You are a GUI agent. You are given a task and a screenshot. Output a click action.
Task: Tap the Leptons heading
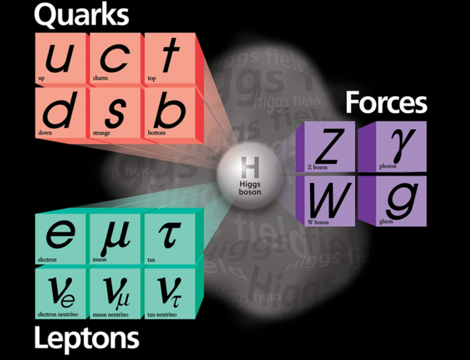pyautogui.click(x=86, y=338)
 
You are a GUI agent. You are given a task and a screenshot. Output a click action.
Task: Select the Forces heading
pyautogui.click(x=386, y=103)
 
